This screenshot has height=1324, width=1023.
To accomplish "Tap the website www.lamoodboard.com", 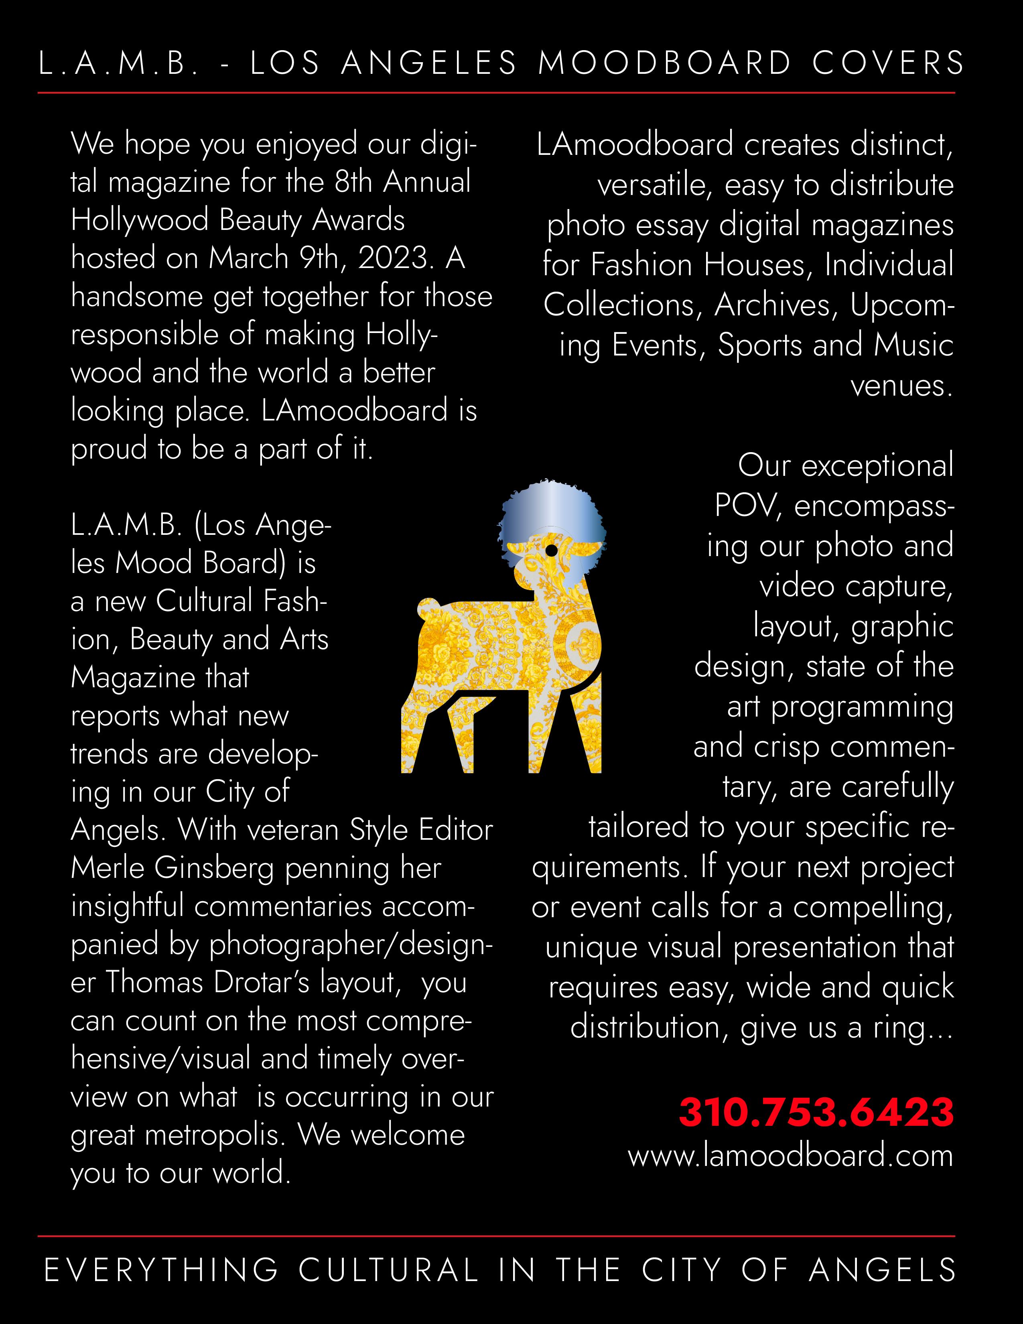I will (x=790, y=1155).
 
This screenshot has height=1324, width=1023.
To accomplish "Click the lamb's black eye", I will (x=551, y=550).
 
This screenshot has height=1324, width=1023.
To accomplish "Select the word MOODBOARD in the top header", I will (x=665, y=63).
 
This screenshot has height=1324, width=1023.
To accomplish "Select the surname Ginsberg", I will (x=215, y=869).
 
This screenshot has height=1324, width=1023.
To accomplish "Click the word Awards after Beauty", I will (x=358, y=220).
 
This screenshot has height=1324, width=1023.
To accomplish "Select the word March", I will (x=248, y=258).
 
